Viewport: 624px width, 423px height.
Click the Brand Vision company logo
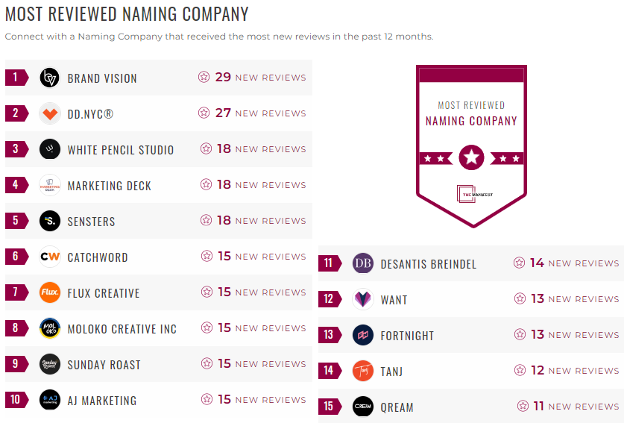point(49,78)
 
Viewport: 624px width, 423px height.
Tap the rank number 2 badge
point(16,113)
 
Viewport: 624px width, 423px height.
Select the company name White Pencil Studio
point(121,150)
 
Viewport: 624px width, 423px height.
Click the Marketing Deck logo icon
point(49,185)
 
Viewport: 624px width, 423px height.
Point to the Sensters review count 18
point(224,221)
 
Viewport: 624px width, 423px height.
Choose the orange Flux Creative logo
point(49,292)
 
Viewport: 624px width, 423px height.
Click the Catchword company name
point(98,257)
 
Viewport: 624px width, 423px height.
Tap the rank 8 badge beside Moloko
point(16,328)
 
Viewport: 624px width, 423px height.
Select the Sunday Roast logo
point(49,364)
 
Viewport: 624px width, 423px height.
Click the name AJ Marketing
point(102,401)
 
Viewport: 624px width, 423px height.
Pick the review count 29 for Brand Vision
point(223,78)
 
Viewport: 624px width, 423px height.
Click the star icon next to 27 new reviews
point(204,113)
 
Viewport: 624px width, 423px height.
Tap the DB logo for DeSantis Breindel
point(363,263)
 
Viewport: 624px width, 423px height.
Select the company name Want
point(394,300)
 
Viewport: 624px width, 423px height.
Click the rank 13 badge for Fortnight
point(329,335)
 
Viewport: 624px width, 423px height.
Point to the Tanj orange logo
point(363,371)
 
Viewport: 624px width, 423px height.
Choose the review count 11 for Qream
point(538,407)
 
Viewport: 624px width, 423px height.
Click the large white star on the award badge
point(471,157)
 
